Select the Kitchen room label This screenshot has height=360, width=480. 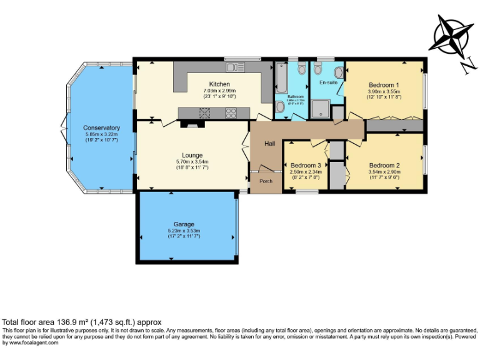219,84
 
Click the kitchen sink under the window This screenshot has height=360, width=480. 234,66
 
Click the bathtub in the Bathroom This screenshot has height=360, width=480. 280,79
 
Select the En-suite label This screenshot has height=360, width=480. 328,82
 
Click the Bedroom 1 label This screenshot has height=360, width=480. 384,84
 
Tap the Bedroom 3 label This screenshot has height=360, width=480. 306,166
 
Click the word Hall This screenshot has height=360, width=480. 269,144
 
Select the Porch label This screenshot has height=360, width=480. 266,182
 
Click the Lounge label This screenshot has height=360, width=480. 192,155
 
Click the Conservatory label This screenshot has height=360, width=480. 101,127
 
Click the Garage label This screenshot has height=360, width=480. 184,224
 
